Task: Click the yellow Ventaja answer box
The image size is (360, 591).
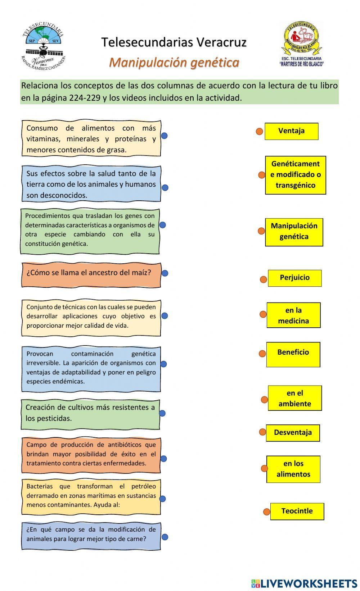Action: coord(291,131)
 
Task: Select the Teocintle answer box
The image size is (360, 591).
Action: coord(297,511)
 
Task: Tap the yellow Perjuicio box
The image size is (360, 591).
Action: coord(294,278)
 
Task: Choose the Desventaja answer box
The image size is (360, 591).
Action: coord(293,433)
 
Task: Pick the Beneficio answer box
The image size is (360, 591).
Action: coord(293,354)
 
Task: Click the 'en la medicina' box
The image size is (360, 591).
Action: coord(293,315)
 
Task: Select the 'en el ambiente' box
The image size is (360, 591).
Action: coord(294,398)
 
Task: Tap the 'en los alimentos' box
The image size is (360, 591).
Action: coord(293,469)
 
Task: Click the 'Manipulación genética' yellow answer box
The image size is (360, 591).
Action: coord(294,232)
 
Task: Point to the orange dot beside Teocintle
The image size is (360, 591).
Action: coord(266,512)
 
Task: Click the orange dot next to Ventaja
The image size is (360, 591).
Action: coord(259,131)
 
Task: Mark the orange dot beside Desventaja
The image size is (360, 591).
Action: coord(262,432)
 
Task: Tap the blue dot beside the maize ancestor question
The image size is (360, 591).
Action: coord(165,273)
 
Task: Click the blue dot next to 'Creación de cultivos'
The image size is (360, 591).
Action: coord(162,413)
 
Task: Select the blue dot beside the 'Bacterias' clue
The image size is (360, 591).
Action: coord(162,499)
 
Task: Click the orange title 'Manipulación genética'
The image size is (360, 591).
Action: coord(174,63)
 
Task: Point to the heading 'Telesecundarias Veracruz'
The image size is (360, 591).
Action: coord(174,42)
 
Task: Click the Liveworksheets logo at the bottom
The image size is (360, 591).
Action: coord(304,583)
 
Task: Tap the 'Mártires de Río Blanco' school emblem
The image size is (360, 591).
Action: coord(302,44)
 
